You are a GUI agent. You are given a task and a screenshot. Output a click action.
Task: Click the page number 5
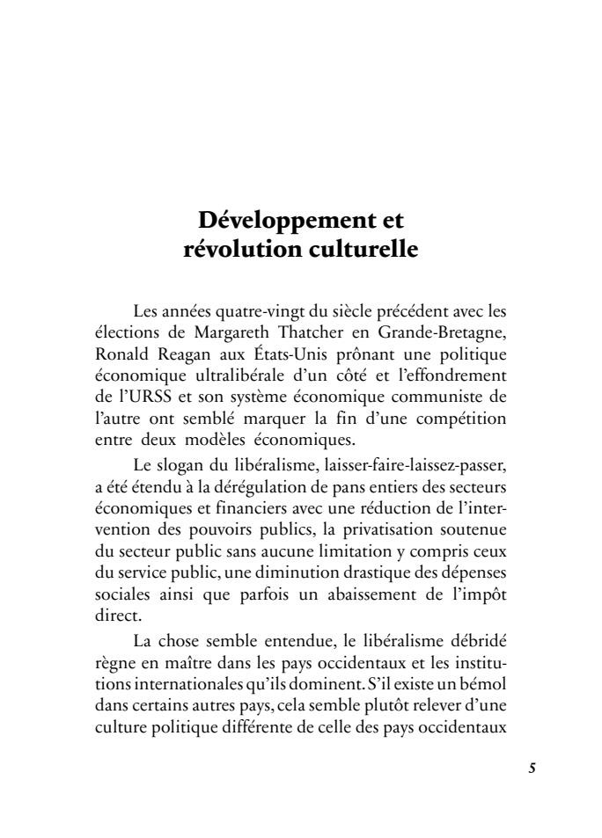pos(532,766)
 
